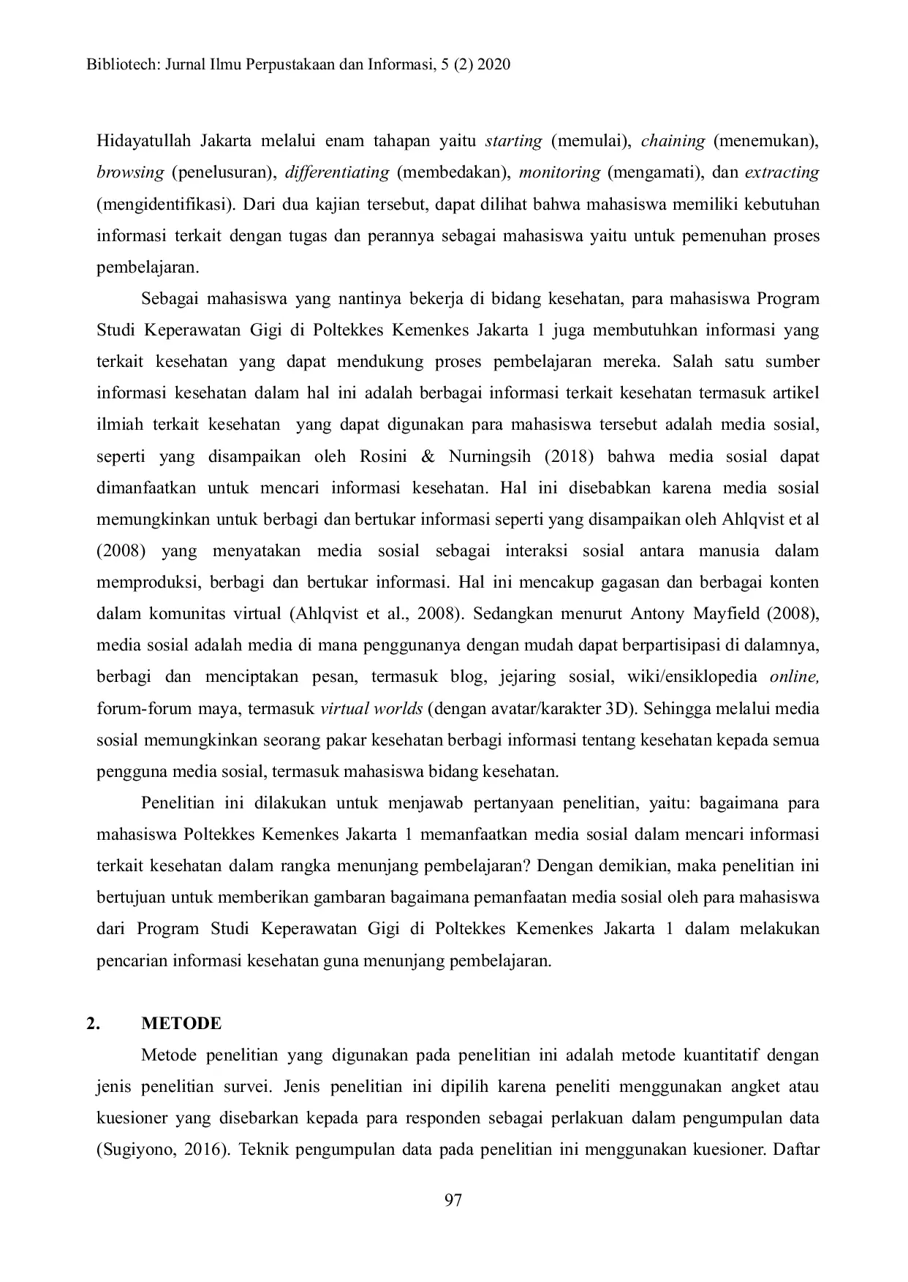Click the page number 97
coord(453,1200)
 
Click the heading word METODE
coord(181,1023)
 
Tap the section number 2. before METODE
coord(92,1023)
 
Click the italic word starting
coord(513,140)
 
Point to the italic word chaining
coord(673,140)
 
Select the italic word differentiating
coord(337,172)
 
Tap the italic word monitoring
coord(559,172)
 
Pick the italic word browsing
coord(130,172)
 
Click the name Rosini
coord(383,457)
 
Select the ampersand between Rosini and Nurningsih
coord(428,457)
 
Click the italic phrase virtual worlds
coord(371,708)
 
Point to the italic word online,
coord(794,676)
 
